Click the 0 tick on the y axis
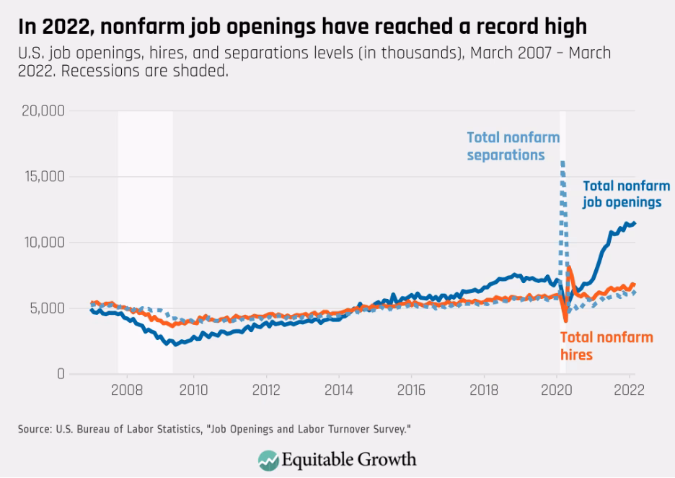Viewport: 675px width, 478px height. [61, 373]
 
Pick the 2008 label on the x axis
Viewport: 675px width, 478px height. [126, 390]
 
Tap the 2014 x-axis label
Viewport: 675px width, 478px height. [338, 390]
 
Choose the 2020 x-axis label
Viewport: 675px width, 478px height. [555, 390]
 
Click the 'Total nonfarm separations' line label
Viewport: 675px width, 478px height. [513, 146]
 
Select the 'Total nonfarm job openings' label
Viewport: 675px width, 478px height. [625, 194]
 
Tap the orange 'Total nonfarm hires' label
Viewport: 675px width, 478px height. [606, 346]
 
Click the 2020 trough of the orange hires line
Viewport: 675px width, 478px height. [566, 320]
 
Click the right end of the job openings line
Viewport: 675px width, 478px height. [635, 223]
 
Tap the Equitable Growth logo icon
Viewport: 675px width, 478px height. [269, 459]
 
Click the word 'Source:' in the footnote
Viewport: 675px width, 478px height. [33, 430]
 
